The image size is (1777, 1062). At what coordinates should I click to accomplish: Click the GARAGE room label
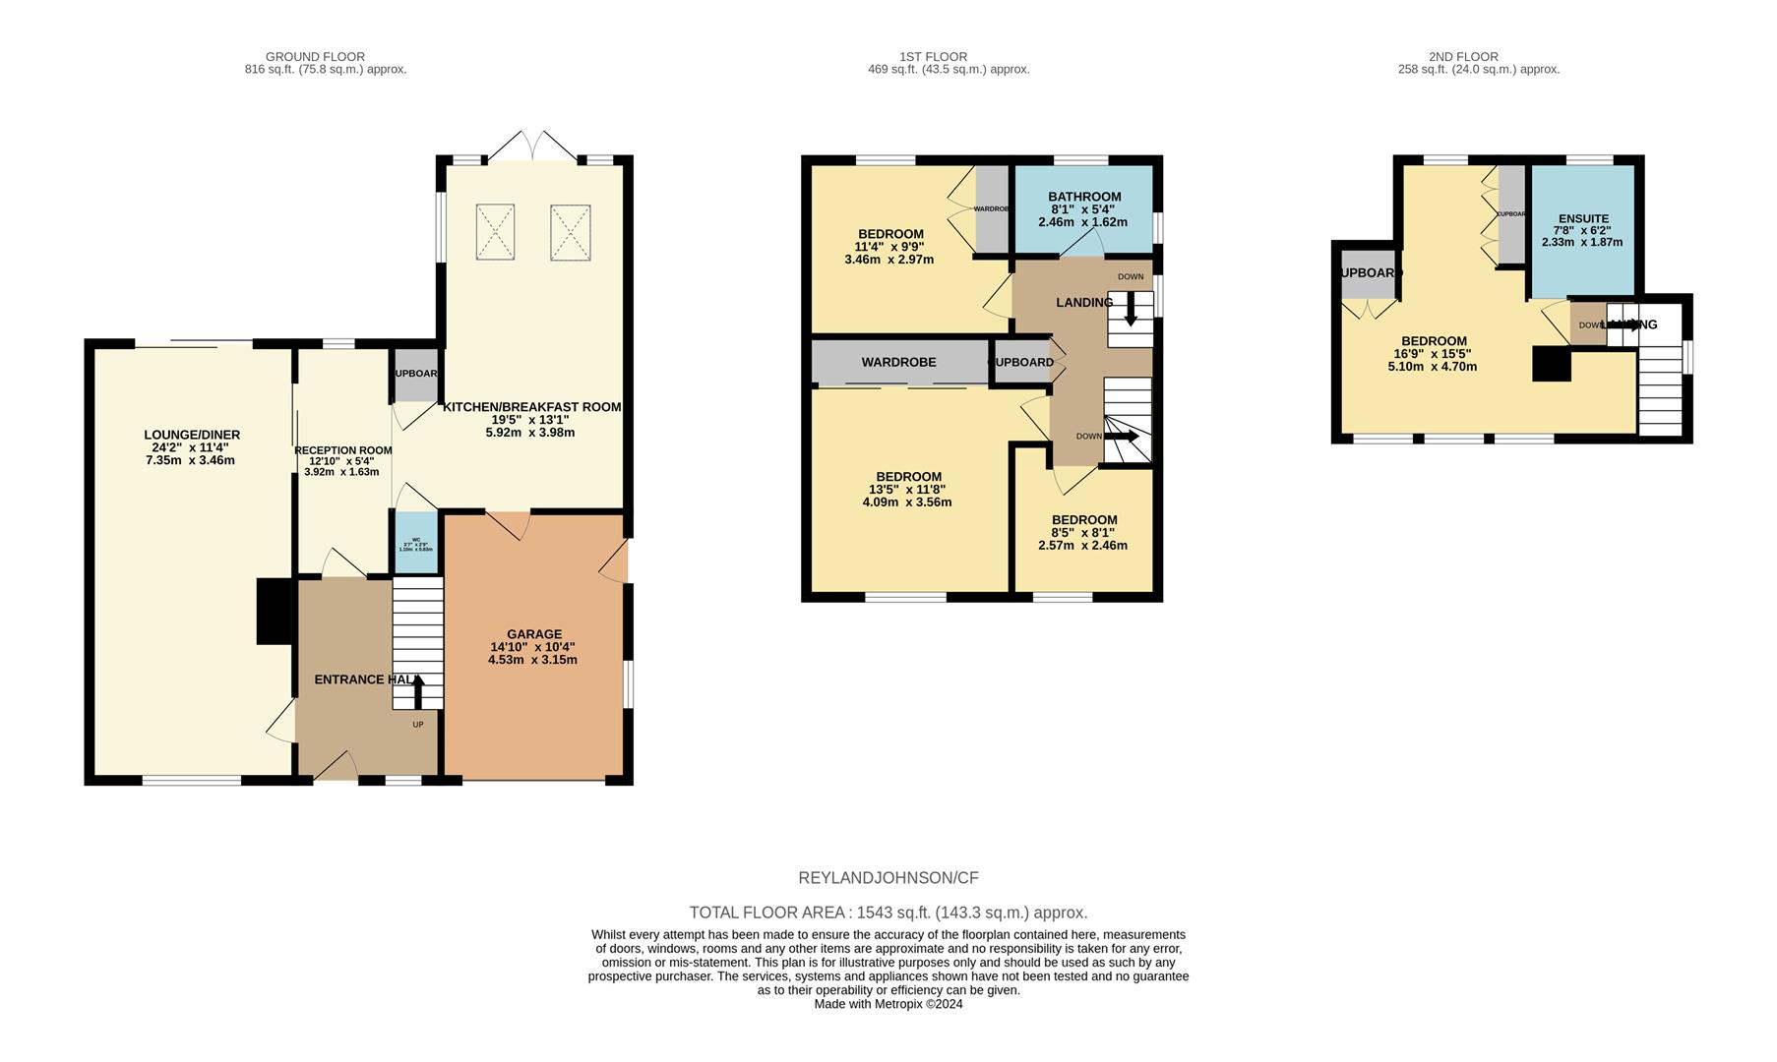[x=533, y=634]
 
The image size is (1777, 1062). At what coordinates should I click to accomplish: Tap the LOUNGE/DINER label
[x=192, y=435]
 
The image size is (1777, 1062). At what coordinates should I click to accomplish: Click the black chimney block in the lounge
[x=275, y=612]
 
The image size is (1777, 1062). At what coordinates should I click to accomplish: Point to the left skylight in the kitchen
[x=495, y=232]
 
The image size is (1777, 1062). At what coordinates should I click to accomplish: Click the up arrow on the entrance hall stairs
[x=418, y=691]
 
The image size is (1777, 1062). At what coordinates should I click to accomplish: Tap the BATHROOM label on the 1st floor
[x=1084, y=197]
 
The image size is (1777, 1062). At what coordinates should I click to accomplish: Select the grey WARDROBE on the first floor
[x=898, y=362]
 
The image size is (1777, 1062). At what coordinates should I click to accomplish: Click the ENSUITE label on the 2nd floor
[x=1583, y=219]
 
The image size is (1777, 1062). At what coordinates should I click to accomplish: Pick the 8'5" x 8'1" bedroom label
[x=1083, y=520]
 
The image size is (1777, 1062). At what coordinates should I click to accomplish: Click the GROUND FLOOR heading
[x=315, y=57]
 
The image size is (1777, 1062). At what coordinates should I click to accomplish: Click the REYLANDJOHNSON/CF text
[x=888, y=878]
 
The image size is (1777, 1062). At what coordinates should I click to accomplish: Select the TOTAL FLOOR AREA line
[x=888, y=913]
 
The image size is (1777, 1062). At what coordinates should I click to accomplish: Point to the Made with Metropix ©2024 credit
[x=888, y=1004]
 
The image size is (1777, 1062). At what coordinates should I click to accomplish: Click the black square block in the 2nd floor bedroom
[x=1552, y=364]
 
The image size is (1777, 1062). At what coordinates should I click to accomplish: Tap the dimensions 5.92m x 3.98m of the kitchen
[x=530, y=433]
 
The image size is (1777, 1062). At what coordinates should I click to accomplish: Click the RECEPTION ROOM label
[x=342, y=450]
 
